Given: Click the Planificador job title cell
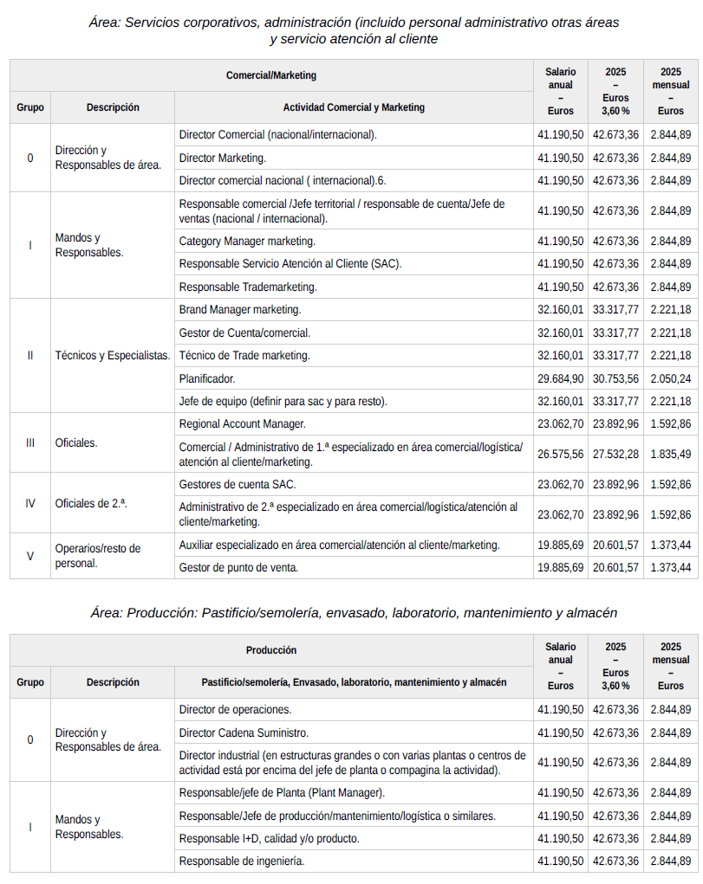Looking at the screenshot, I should coord(207,378).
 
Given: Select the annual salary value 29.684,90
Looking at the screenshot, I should coord(560,378).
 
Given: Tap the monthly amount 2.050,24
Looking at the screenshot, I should coord(670,378).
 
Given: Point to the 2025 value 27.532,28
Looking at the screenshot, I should coord(615,454).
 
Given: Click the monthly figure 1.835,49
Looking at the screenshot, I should coord(670,454).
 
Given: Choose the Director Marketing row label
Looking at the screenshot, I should coord(223,158).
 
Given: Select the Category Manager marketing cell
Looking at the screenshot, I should coord(247,241).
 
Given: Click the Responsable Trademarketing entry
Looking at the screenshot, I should coord(248,287).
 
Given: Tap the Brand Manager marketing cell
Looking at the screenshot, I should coord(240,309).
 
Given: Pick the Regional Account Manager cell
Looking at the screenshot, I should coord(242,424).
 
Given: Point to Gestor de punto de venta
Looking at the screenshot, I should coord(238,567).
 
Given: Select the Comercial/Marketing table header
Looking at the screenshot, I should coord(271,75).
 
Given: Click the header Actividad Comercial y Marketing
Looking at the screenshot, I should coord(354,107).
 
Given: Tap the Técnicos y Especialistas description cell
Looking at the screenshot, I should coord(113,355).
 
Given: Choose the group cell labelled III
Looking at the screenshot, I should coord(30,442).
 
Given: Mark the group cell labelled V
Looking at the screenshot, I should coord(30,556).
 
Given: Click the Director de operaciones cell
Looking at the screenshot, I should coord(235,709).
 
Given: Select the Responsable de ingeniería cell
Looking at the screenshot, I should coord(242,861).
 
